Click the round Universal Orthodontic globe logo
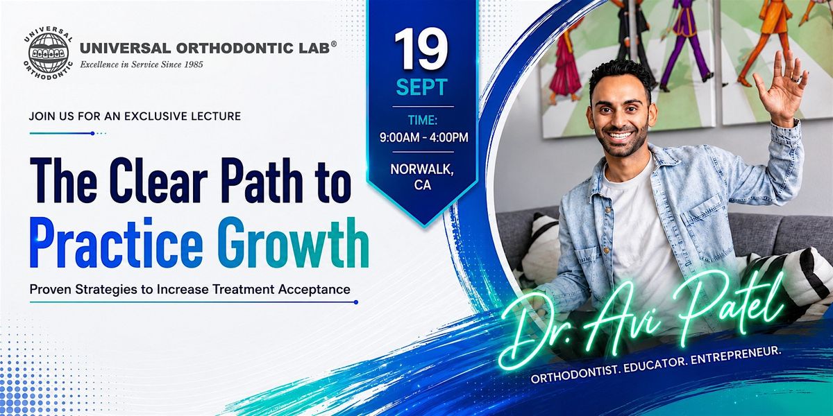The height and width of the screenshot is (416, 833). [x=49, y=54]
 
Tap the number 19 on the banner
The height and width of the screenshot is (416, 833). [x=422, y=50]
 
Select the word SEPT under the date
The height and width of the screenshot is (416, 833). [x=422, y=87]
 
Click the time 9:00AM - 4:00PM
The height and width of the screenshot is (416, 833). [x=423, y=137]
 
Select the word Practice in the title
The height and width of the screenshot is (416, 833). [x=117, y=243]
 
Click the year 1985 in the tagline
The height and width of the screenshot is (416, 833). [x=193, y=64]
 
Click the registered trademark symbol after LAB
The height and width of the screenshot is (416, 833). [x=334, y=44]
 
